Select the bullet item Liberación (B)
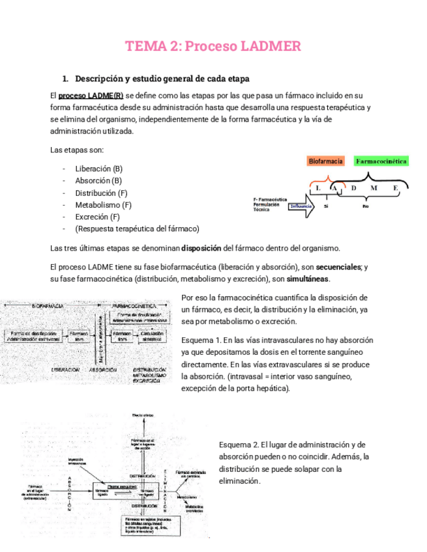(x=98, y=169)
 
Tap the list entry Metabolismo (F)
(x=103, y=205)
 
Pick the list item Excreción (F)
(x=97, y=217)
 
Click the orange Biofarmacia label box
(x=326, y=161)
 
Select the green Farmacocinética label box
(x=381, y=161)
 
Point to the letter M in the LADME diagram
(x=374, y=188)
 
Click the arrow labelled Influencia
(x=302, y=206)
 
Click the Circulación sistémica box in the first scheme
(x=151, y=336)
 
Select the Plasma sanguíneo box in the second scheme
(x=122, y=486)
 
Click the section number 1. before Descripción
(x=65, y=79)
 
